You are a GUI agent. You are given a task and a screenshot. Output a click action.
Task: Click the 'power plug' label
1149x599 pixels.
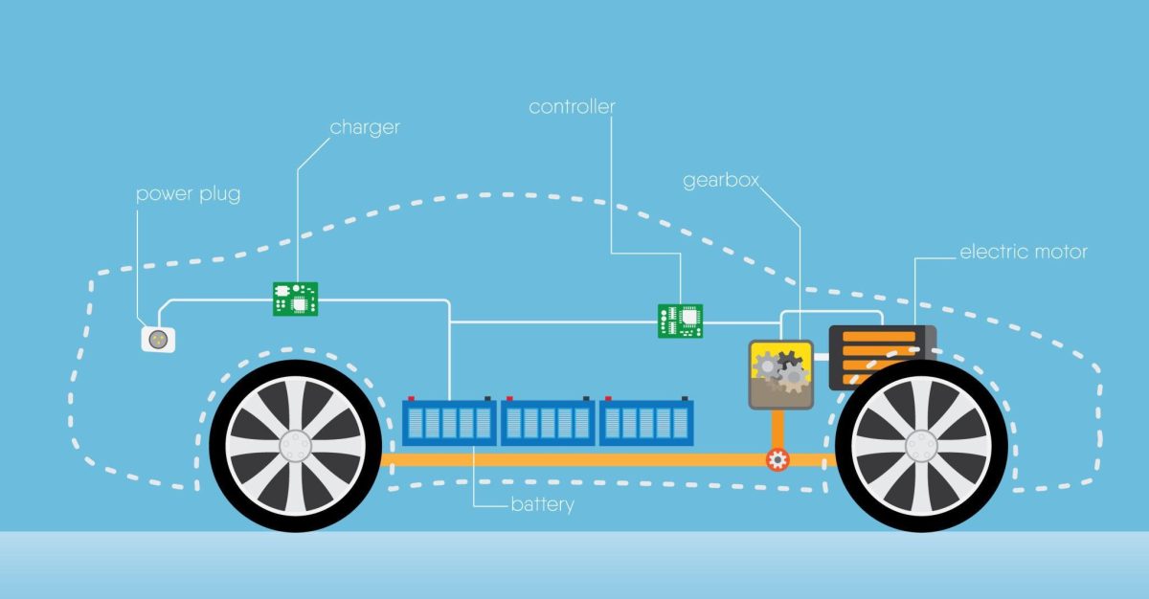coord(189,194)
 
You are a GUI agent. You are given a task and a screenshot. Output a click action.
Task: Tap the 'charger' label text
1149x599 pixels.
coord(365,127)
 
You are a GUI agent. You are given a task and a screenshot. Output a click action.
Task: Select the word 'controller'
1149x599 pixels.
coord(572,106)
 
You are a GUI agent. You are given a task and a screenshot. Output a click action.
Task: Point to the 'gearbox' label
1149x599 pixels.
coord(721,180)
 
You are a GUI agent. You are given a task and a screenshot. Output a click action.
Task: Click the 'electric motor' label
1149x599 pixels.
coord(1024,252)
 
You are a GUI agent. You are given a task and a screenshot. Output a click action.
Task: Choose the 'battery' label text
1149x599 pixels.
coord(543,504)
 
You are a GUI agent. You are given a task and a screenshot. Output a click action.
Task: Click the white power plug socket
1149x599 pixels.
coord(158,340)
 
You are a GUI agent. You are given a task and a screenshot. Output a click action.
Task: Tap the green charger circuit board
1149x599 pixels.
coord(295,299)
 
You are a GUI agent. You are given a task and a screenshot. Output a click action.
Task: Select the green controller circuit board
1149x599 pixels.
coord(680,322)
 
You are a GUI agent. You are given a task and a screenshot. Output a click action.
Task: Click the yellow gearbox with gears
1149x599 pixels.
coord(780,374)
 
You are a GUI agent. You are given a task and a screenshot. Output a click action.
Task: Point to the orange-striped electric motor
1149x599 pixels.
coord(882,358)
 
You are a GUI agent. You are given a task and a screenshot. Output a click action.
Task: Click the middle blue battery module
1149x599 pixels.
coord(548,422)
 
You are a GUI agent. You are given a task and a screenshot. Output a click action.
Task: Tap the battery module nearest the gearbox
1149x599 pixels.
coord(646,422)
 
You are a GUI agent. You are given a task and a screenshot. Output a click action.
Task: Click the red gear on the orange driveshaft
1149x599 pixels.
coord(777,459)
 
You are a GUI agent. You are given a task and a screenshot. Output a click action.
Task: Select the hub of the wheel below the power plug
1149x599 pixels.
coord(296,446)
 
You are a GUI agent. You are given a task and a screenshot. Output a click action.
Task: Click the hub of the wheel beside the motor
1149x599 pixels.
coord(921,446)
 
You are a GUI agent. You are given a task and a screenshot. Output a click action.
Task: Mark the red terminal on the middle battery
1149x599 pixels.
coord(509,398)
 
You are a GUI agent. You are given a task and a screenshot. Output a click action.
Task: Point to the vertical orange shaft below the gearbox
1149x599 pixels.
coord(777,430)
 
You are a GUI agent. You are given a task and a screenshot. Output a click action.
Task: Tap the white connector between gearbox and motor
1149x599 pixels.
coord(822,357)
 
